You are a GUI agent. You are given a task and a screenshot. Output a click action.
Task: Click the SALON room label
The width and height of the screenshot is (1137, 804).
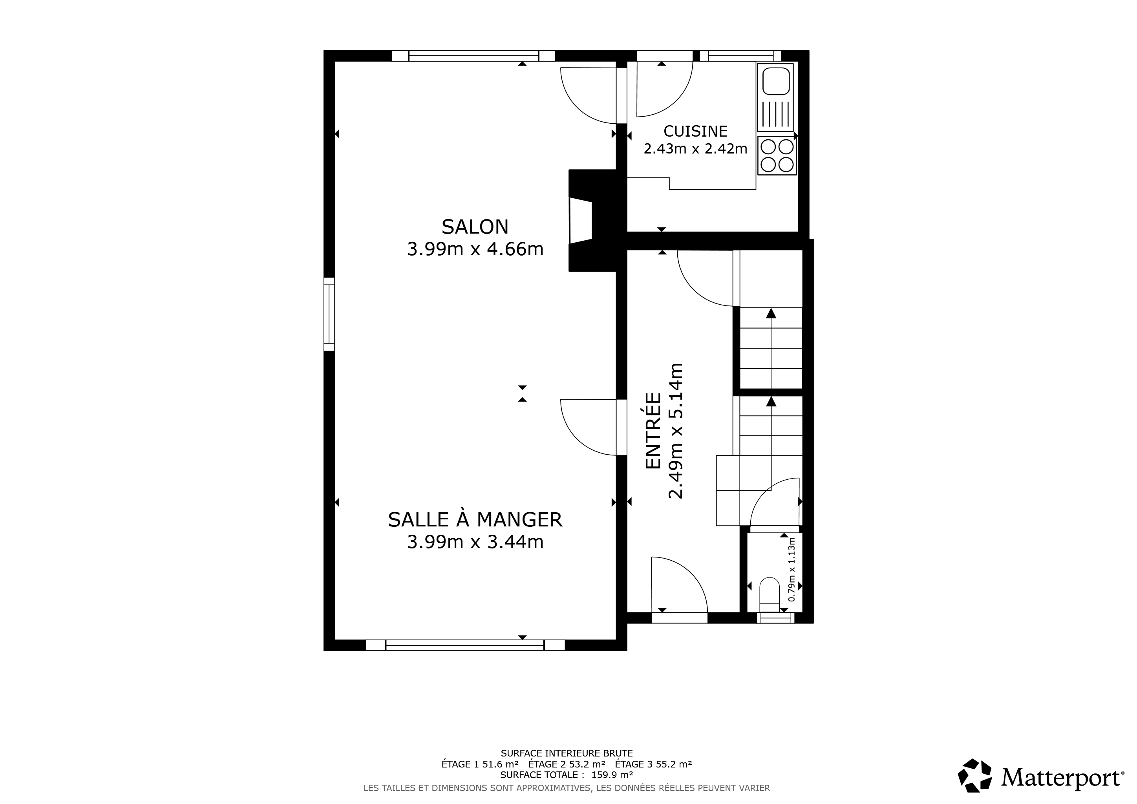[x=475, y=227]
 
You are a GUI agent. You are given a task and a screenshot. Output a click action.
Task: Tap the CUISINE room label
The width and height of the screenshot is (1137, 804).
[x=695, y=131]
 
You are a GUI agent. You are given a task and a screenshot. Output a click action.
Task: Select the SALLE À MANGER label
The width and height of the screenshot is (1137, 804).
[x=475, y=520]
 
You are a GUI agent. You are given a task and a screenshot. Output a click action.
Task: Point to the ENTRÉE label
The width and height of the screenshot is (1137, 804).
[x=654, y=431]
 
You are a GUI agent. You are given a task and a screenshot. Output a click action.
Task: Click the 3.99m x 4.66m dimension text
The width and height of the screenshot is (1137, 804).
[x=475, y=249]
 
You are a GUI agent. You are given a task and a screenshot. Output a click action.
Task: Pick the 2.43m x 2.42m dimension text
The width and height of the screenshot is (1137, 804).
[x=695, y=148]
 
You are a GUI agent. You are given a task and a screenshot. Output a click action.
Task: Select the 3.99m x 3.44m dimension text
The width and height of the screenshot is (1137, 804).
[x=475, y=542]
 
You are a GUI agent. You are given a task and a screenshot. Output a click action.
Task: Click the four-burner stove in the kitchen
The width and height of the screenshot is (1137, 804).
[x=777, y=155]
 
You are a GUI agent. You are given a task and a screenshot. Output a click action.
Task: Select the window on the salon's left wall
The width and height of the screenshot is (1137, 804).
[x=329, y=314]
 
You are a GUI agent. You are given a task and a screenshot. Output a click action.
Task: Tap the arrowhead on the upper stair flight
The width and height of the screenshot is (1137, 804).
[x=771, y=313]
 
